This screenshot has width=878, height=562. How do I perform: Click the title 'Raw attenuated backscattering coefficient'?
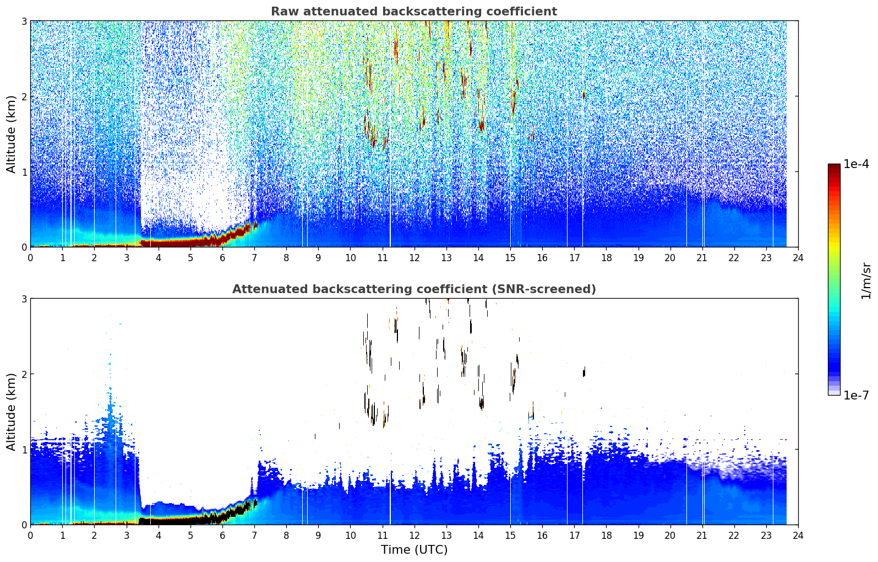[414, 12]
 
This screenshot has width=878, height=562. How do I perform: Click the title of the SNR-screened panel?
[414, 289]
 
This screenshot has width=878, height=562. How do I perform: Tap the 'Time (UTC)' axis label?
[414, 550]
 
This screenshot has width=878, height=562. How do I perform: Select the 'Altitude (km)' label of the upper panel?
[11, 134]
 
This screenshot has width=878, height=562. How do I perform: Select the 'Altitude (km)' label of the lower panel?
[11, 412]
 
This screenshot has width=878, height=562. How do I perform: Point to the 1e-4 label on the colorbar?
[856, 164]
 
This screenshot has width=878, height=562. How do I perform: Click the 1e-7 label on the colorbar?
[856, 395]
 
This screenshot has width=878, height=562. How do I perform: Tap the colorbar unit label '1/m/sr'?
[866, 282]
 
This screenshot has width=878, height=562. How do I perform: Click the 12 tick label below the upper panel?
[415, 258]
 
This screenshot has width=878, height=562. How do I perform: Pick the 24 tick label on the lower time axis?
[798, 536]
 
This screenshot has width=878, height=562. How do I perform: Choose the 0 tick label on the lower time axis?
[31, 536]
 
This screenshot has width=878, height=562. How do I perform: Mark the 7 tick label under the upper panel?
[254, 258]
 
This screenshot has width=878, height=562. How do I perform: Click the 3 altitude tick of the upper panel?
[24, 21]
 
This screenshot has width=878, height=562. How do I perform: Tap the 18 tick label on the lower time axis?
[607, 536]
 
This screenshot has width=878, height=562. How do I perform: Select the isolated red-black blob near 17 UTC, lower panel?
[584, 372]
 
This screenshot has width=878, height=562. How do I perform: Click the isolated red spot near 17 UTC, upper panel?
[584, 95]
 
